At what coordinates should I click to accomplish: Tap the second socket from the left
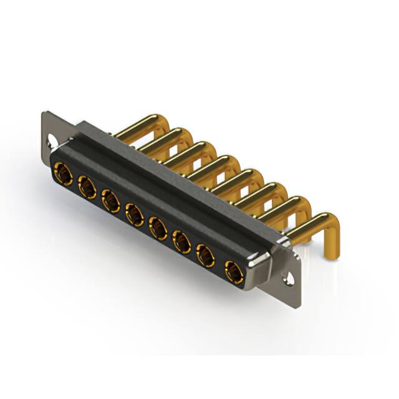pyautogui.click(x=86, y=186)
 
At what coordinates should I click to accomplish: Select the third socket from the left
pyautogui.click(x=110, y=201)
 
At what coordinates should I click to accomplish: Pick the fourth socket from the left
pyautogui.click(x=133, y=215)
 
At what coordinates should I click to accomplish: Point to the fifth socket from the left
pyautogui.click(x=158, y=228)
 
